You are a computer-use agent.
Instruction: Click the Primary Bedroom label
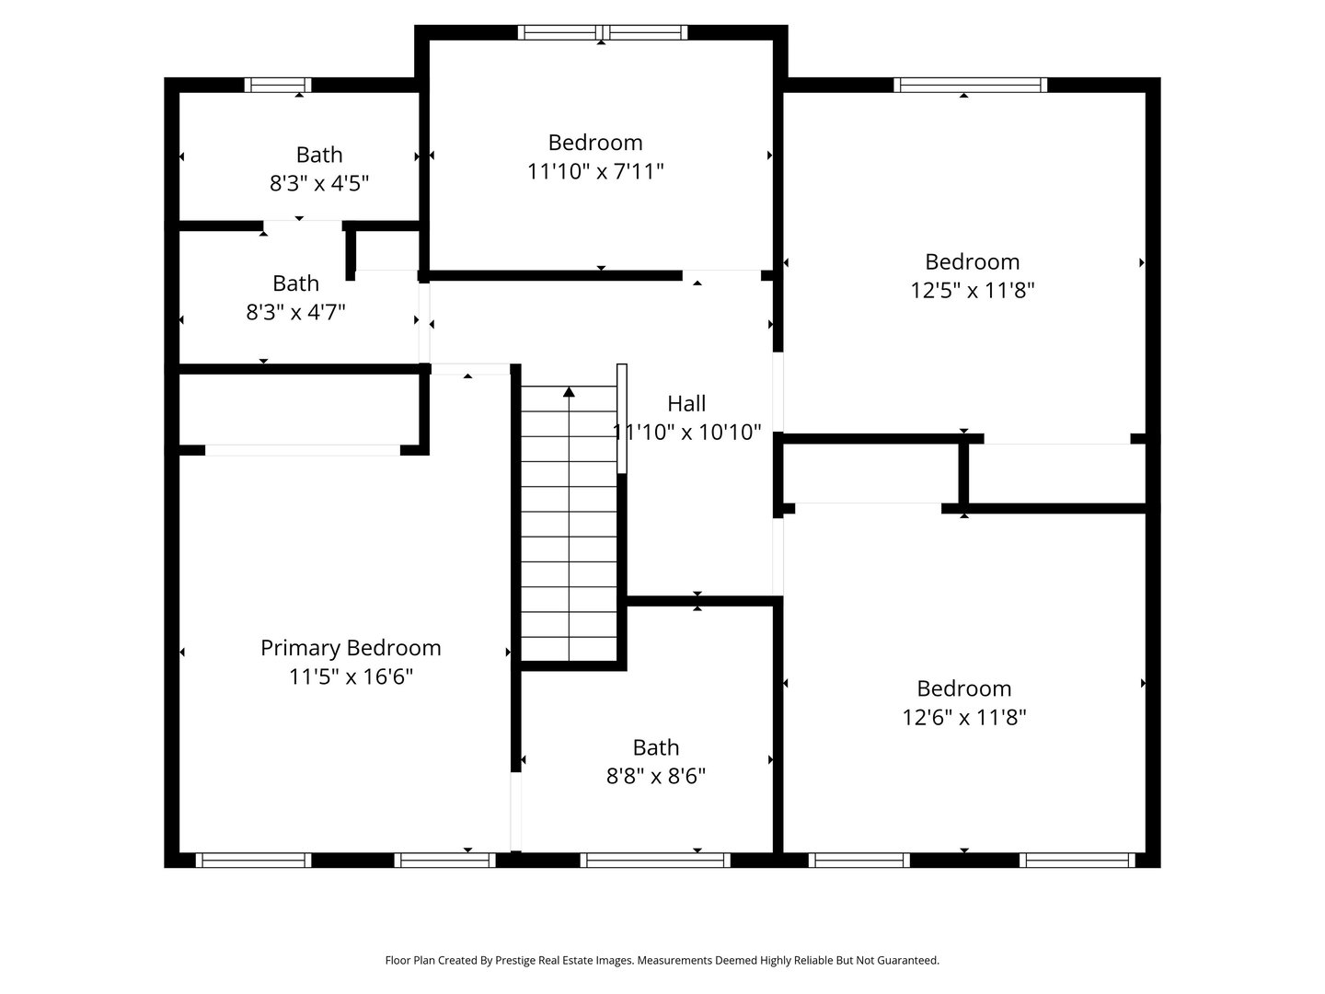coord(351,648)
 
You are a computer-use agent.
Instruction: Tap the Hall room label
coord(686,403)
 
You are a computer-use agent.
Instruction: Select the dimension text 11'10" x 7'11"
coord(595,171)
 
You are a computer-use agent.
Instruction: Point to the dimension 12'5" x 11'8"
coord(972,290)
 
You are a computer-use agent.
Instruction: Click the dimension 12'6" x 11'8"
coord(964,717)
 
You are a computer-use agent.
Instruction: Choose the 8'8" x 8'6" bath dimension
coord(655,776)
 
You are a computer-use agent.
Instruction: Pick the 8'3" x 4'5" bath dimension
coord(318,183)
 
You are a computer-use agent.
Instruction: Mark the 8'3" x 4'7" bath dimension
coord(295,312)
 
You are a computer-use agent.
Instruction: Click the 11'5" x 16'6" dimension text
coord(351,676)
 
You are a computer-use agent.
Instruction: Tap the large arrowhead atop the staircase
coord(569,392)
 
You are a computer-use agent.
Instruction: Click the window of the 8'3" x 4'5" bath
coord(278,85)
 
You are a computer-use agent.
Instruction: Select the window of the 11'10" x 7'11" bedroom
coord(603,32)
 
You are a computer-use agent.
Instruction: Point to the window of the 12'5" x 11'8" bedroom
coord(970,85)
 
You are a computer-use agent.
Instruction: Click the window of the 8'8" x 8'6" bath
coord(655,860)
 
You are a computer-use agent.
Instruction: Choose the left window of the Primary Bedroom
coord(254,860)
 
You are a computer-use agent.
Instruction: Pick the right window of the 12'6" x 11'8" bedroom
coord(1077,860)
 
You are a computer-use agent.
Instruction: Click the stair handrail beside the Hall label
coord(621,419)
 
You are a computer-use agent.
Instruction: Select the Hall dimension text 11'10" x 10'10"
coord(686,433)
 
